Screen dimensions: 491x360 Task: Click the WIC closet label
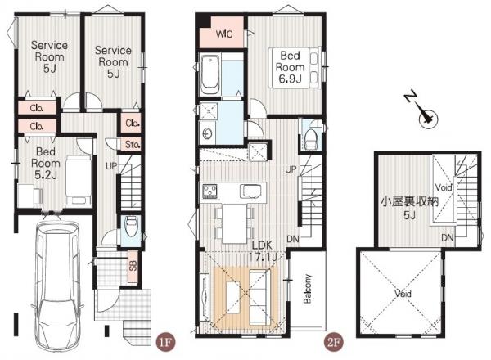tap(224, 34)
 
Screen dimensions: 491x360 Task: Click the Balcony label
tap(308, 289)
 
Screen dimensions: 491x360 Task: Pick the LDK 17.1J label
tap(263, 251)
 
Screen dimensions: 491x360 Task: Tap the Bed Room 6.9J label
tap(290, 67)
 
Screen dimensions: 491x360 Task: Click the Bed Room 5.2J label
tap(46, 163)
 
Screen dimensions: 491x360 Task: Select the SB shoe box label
tap(133, 266)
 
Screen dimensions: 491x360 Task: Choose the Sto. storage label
tap(132, 145)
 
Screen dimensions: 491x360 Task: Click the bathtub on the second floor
tap(209, 74)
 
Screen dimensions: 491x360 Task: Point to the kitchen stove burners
tap(210, 191)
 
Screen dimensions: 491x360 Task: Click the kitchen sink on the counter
tap(250, 191)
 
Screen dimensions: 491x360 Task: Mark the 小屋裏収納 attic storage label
tap(409, 202)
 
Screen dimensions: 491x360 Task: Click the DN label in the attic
tap(448, 237)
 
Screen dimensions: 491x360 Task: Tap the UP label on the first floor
tap(111, 166)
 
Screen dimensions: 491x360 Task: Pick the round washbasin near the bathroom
tap(207, 134)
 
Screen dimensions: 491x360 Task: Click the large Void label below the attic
tap(403, 294)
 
